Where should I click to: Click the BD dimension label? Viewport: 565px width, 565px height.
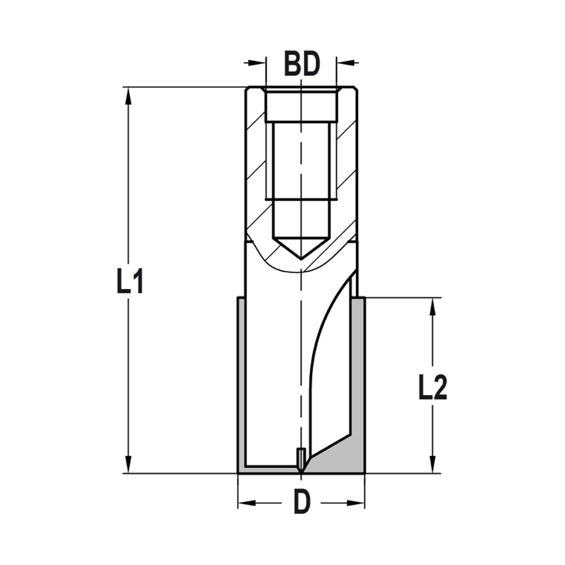(302, 65)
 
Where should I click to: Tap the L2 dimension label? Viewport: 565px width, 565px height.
(433, 388)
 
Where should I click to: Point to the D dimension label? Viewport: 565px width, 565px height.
(302, 502)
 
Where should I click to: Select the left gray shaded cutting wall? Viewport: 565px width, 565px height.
(241, 384)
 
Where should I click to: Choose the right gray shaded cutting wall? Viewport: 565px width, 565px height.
(358, 373)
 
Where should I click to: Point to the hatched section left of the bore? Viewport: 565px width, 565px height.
(256, 169)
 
